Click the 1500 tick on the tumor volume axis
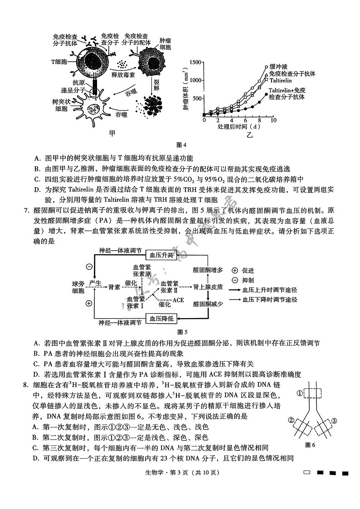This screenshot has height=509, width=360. coord(195,62)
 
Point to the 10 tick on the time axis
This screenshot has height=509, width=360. coord(273,120)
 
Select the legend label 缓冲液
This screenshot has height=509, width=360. coord(279,66)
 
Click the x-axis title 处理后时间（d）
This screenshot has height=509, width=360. coord(238,127)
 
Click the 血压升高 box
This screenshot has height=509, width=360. coord(162,255)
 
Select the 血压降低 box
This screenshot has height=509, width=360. coord(162,319)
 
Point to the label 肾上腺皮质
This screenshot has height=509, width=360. coord(208,287)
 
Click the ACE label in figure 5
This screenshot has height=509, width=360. coord(178,300)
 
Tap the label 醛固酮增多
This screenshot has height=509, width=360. coord(208,270)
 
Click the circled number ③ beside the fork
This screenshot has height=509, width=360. coord(334,421)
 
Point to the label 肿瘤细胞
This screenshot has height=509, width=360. coord(165,44)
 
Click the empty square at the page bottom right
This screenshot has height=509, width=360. coord(307,473)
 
